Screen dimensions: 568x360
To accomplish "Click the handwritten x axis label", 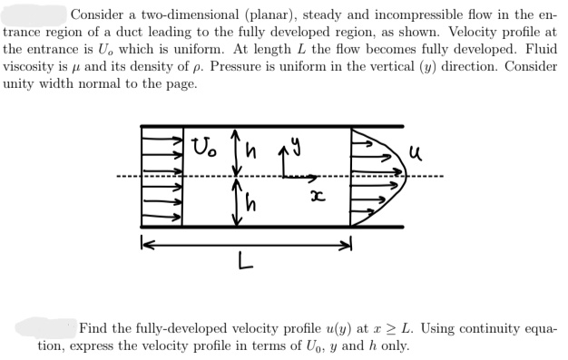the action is pos(318,196).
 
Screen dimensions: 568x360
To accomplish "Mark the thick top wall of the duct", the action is pos(272,125).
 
